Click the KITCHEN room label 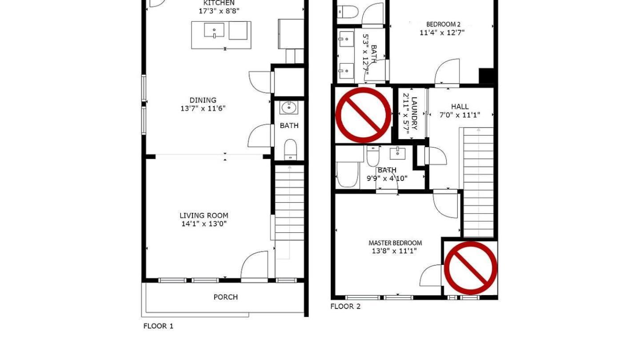[219, 3]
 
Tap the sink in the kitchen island [214, 31]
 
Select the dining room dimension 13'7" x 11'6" [203, 108]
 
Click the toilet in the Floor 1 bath [290, 148]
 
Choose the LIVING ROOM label [204, 216]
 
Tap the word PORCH [226, 297]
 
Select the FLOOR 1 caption [158, 326]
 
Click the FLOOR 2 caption [345, 307]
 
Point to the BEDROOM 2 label [443, 24]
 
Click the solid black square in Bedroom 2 [487, 76]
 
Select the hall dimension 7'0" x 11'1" [460, 115]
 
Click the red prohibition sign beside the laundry [363, 115]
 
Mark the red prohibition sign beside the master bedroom [470, 268]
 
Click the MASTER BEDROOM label [395, 243]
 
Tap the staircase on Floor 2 [478, 182]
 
